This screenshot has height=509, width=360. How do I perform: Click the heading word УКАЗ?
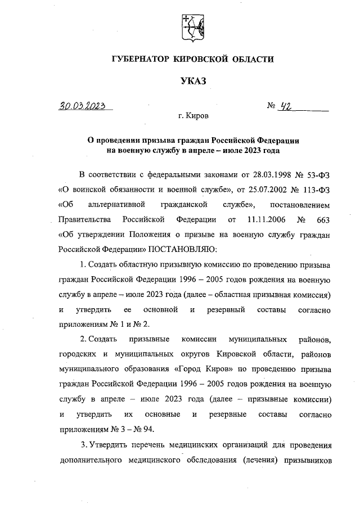point(193,82)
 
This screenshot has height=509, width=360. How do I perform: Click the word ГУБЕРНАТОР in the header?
point(143,59)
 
